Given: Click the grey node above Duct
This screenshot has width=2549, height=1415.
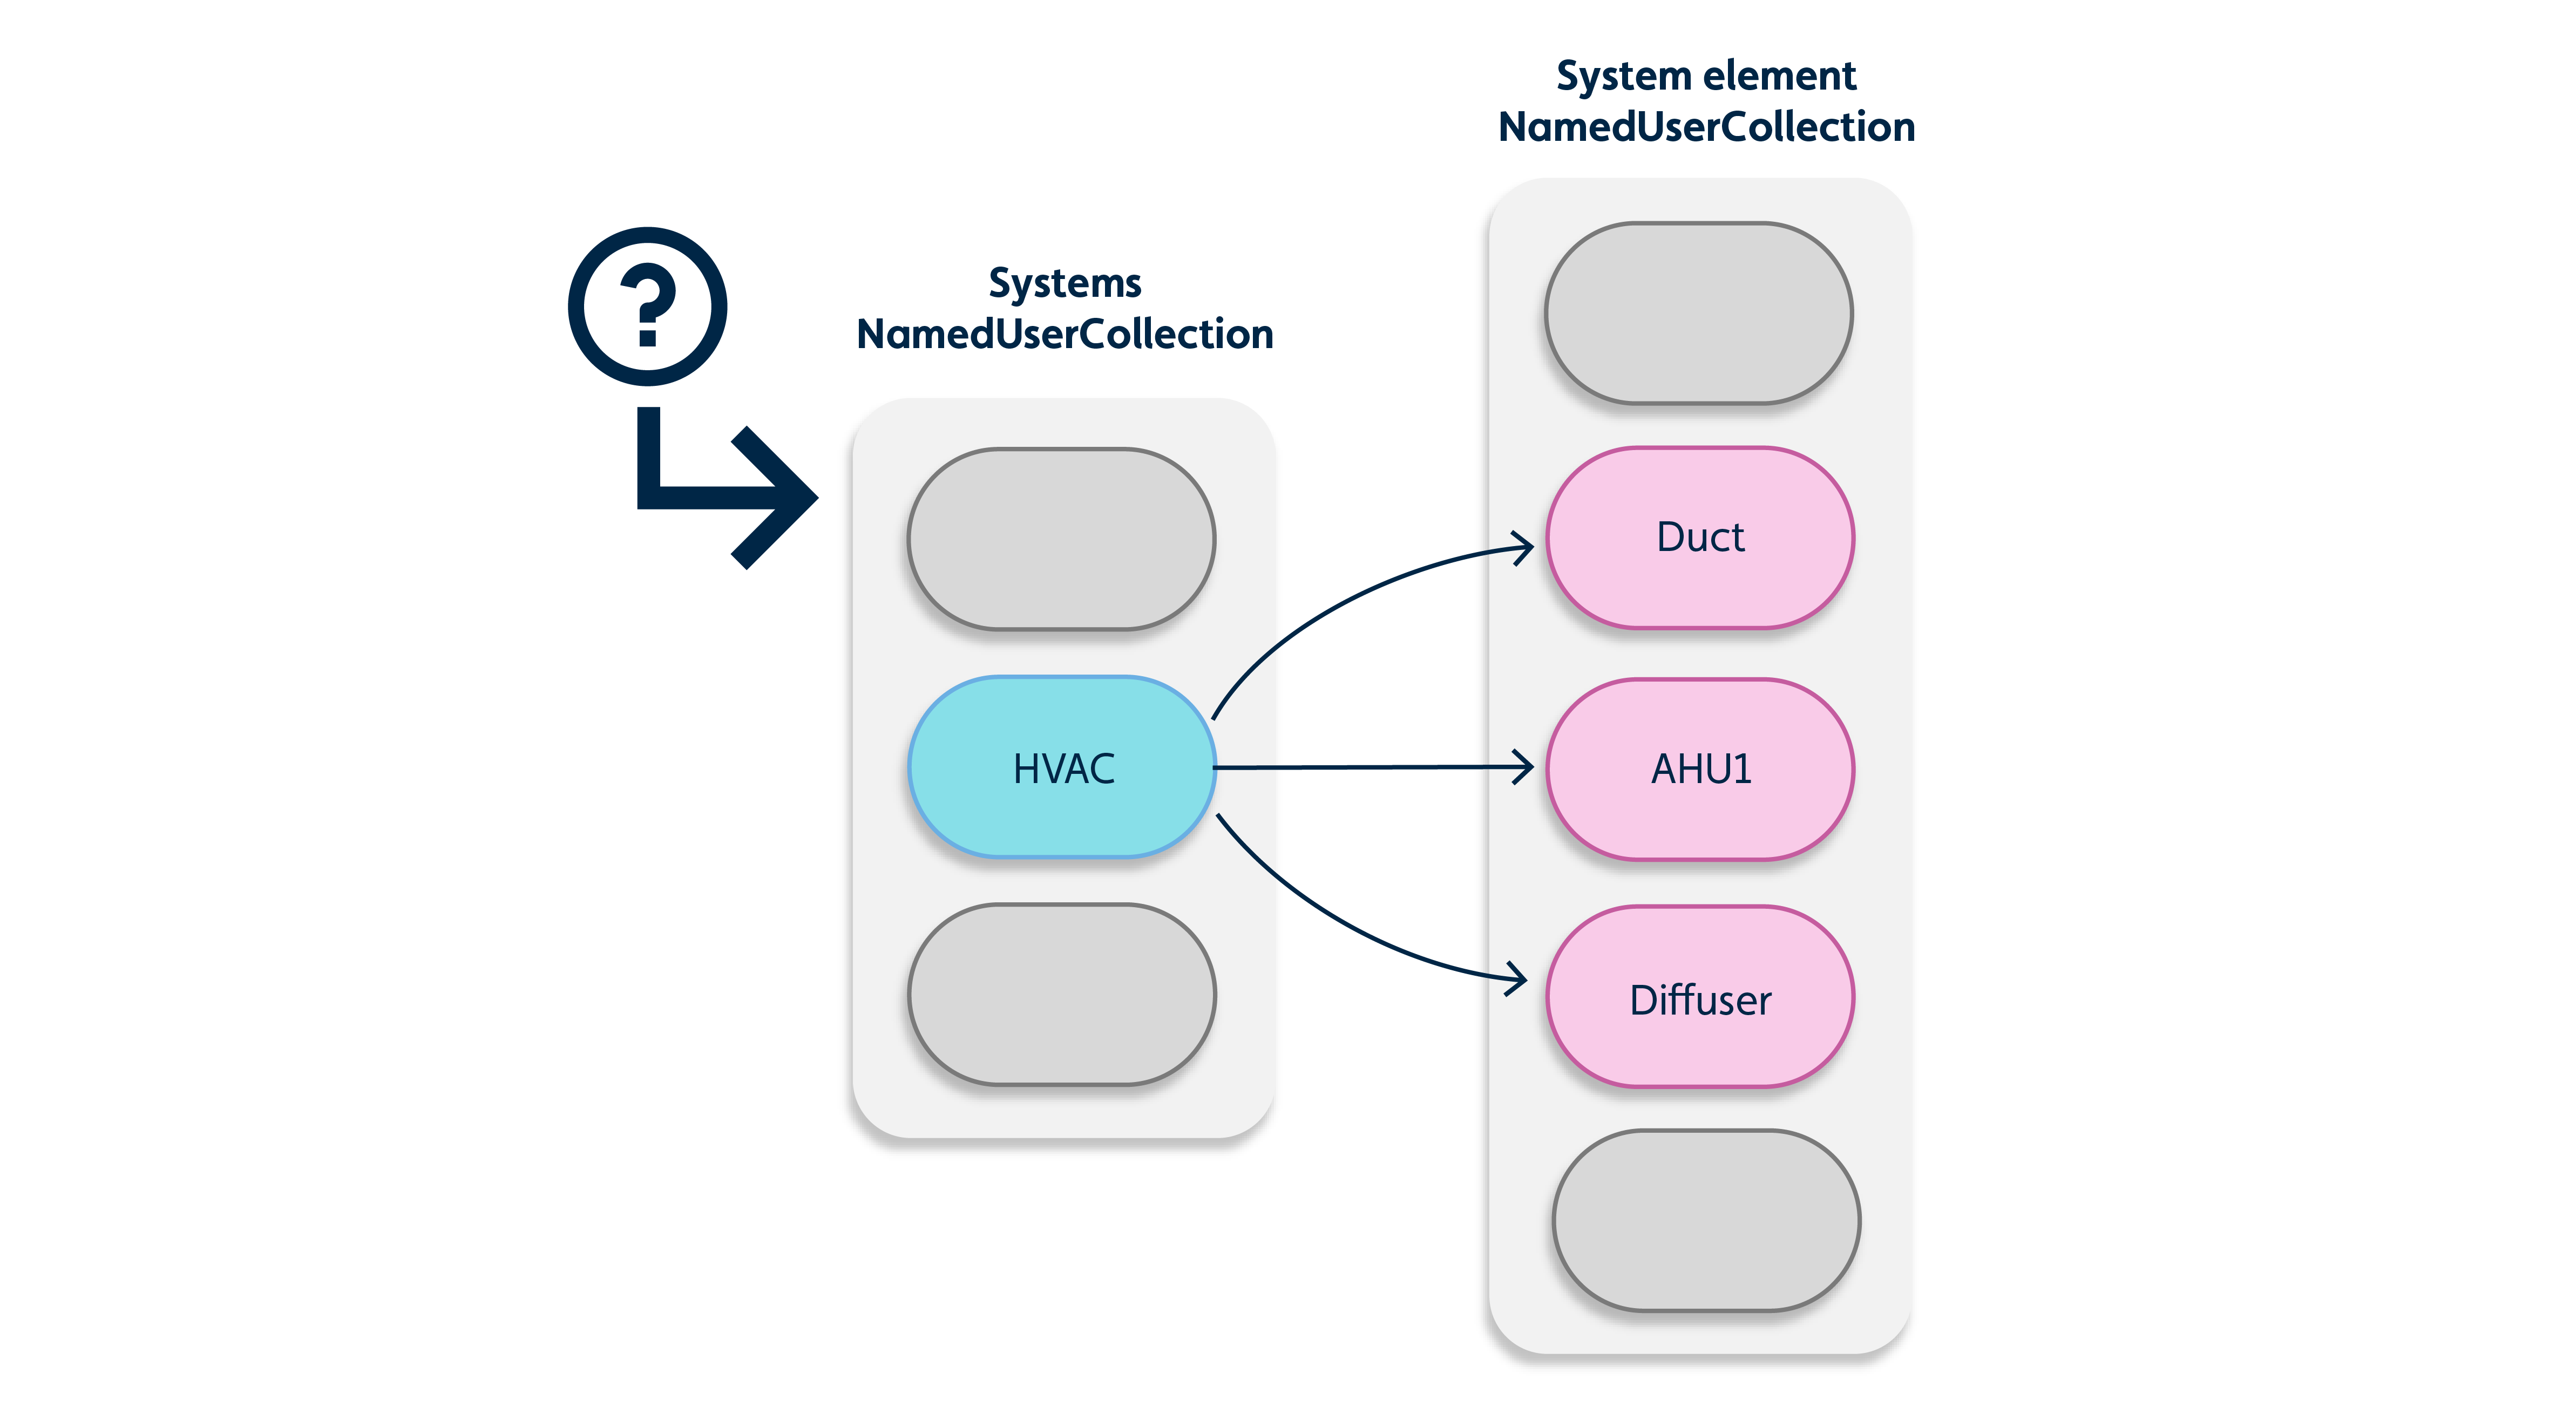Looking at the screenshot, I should click(x=1698, y=312).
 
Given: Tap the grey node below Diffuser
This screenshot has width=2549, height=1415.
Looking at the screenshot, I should click(x=1706, y=1221).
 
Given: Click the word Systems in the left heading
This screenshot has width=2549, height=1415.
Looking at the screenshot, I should click(x=1065, y=284).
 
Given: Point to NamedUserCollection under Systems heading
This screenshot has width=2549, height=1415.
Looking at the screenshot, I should click(x=1065, y=335).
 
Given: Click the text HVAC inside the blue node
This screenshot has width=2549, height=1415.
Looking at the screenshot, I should click(x=1064, y=769).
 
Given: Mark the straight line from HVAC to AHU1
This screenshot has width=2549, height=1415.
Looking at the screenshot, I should click(x=1366, y=767).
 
